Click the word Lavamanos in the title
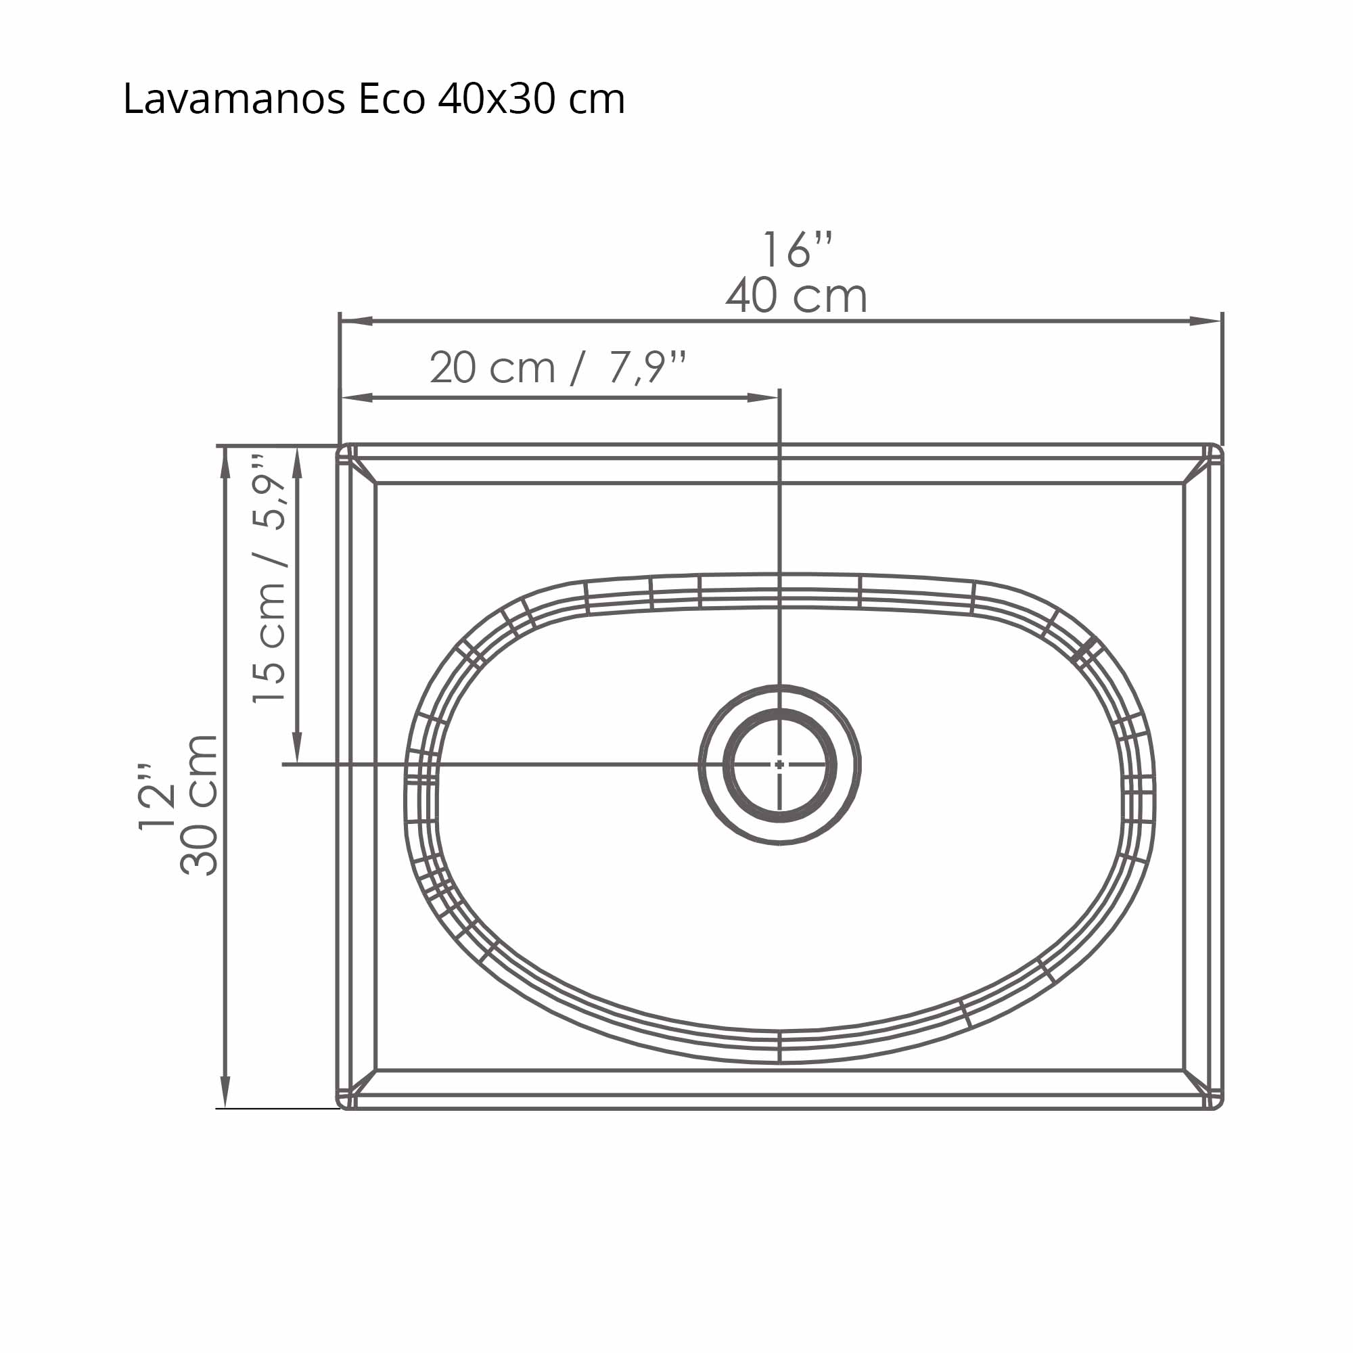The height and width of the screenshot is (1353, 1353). (x=234, y=99)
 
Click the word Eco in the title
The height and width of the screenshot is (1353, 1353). (x=392, y=99)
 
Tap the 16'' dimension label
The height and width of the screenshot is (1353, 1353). (x=797, y=250)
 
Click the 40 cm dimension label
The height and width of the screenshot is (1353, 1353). (x=796, y=296)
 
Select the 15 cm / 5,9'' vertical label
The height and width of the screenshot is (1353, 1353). (x=270, y=578)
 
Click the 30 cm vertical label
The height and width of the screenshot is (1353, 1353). (x=200, y=805)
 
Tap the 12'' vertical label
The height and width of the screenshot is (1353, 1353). (x=157, y=798)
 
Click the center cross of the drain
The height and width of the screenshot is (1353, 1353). (x=779, y=764)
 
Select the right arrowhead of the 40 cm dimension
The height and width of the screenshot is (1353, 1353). (x=1206, y=321)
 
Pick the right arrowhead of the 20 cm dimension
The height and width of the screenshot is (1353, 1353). (x=763, y=398)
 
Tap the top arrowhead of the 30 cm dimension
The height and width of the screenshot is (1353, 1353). (x=225, y=462)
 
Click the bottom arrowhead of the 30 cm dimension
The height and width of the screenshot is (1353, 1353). (x=225, y=1093)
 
